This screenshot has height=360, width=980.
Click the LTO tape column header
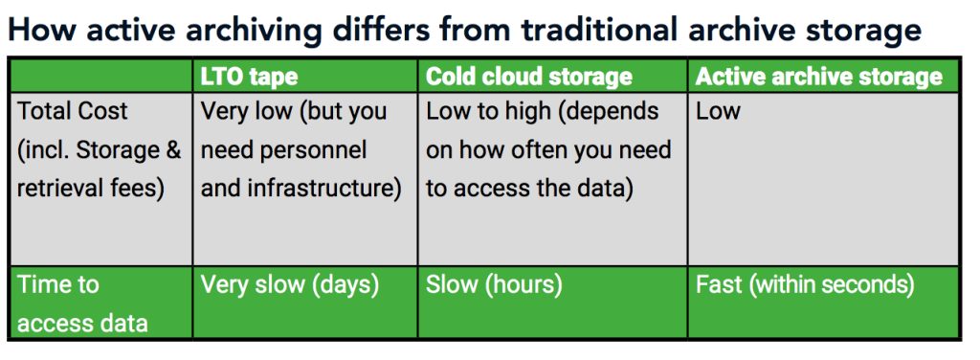click(250, 77)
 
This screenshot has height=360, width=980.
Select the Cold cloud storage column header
click(528, 77)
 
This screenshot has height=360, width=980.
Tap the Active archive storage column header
click(819, 77)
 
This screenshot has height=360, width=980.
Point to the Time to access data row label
click(82, 304)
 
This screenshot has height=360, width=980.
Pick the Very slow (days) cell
click(290, 285)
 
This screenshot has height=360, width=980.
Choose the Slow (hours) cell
click(494, 285)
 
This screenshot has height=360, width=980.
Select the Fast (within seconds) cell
click(805, 285)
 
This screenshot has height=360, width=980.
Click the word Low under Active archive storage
click(718, 111)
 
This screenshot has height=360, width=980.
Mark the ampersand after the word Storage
click(173, 150)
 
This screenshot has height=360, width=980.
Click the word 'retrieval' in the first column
click(62, 189)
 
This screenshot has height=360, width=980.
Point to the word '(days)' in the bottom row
click(345, 285)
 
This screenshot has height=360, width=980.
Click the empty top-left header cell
click(101, 77)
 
